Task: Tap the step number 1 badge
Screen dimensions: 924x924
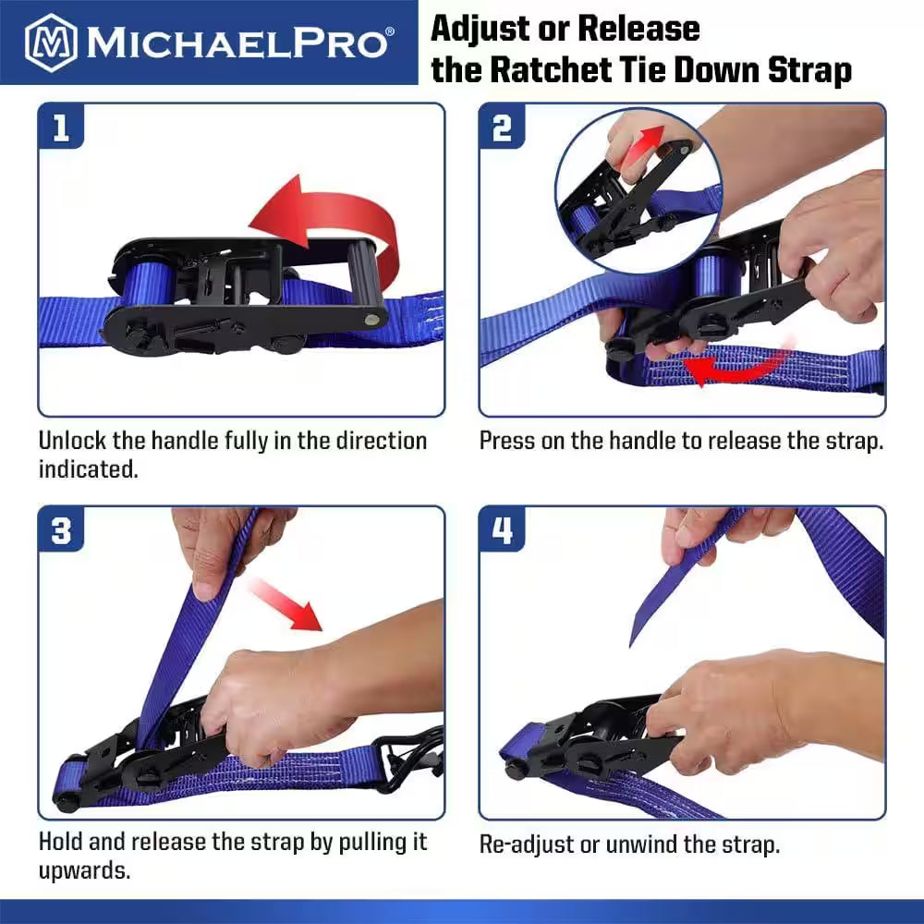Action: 61,128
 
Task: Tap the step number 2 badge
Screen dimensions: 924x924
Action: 502,128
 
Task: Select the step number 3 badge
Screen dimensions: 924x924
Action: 61,531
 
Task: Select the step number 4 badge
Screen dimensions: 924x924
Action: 502,531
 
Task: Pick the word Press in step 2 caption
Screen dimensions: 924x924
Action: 507,441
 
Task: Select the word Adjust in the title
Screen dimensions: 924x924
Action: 481,30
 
